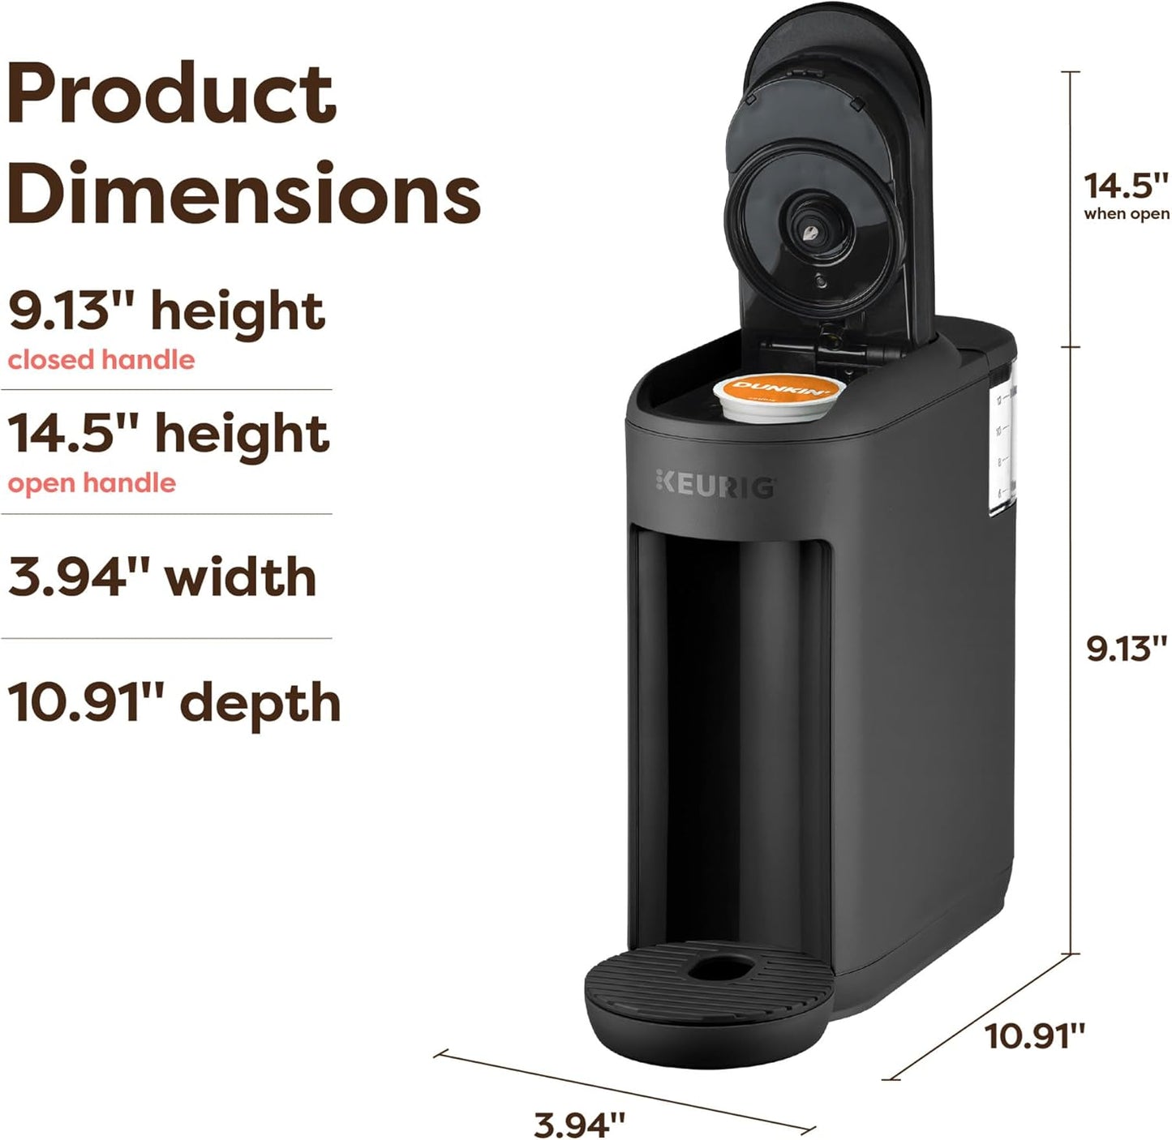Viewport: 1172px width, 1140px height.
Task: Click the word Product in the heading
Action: (171, 95)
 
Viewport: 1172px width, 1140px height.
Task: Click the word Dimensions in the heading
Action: (243, 195)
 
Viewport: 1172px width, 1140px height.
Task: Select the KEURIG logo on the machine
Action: (715, 486)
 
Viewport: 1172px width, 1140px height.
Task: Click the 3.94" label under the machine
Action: (580, 1124)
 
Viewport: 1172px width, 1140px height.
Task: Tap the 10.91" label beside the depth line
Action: (1035, 1035)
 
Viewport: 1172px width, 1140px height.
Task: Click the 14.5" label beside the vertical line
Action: (1127, 185)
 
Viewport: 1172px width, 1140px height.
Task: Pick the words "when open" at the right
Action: (1127, 214)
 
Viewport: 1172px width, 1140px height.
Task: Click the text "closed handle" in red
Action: (101, 359)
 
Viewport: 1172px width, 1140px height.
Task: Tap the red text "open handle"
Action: (92, 483)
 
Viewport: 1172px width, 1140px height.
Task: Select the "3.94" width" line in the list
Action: (162, 576)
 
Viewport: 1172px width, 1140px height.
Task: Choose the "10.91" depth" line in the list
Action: (174, 701)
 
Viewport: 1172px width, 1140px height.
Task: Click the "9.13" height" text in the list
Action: (166, 311)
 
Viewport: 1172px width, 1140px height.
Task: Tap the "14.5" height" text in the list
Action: (169, 434)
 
